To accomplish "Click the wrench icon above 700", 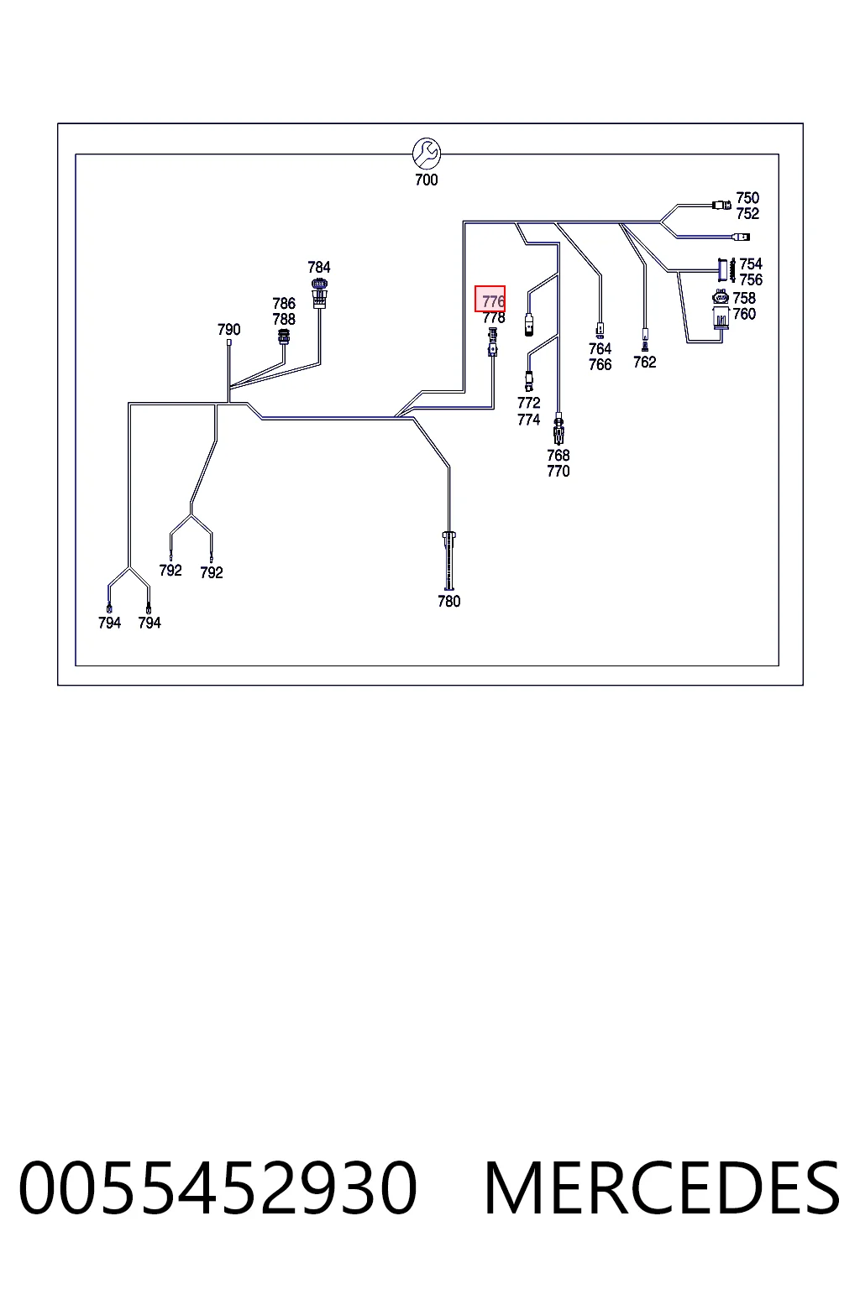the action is coord(427,153).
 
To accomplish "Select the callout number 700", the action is coord(427,180).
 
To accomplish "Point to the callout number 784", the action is coord(318,267).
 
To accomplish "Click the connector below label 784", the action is coord(319,294).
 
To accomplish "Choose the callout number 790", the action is coord(228,329).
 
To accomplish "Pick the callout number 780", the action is coord(448,602).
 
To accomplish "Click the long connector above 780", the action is coord(448,561).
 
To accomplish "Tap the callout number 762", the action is coord(644,362).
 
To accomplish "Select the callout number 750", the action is coord(747,198).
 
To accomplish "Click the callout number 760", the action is coord(744,314).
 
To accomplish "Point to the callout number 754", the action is coord(751,264).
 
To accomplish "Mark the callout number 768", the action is coord(558,455).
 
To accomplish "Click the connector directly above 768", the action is coord(558,428).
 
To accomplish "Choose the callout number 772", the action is coord(529,403).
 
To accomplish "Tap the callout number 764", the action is coord(600,349).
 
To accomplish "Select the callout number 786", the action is coord(283,303).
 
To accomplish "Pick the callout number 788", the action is coord(283,319).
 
